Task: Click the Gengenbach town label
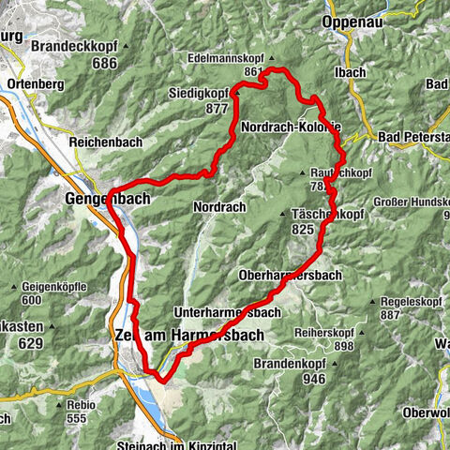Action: [97, 200]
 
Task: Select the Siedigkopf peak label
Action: [199, 93]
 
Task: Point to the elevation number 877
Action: [217, 108]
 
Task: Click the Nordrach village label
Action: [218, 205]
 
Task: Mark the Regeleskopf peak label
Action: [408, 302]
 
